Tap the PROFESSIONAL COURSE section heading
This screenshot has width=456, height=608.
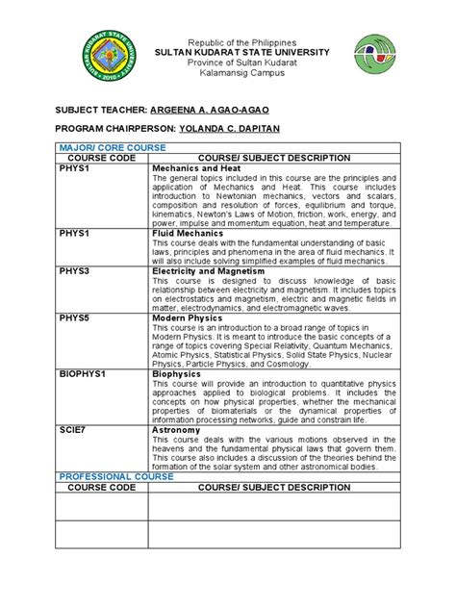[116, 476]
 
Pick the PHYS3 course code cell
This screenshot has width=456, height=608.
[74, 272]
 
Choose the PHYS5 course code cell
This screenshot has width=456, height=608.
[74, 317]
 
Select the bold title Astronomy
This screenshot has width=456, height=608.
[180, 430]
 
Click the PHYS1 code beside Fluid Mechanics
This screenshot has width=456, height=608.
[74, 233]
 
